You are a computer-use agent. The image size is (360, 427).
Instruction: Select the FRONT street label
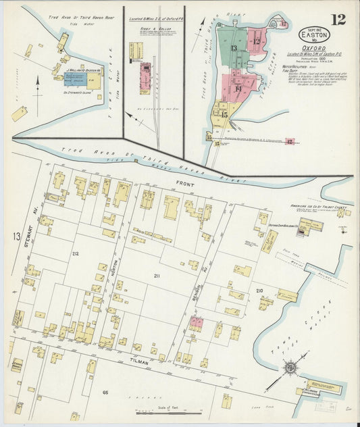[x=185, y=184]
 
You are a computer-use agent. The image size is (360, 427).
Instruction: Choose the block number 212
[x=74, y=254]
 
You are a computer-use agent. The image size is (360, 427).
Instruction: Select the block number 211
[x=157, y=276]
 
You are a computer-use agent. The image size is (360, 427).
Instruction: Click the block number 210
[x=259, y=290]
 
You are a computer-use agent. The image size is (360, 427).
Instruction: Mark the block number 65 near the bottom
[x=105, y=392]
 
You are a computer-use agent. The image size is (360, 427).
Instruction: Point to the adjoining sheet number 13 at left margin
[x=16, y=236]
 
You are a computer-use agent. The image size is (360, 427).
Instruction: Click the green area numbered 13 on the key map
[x=233, y=49]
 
